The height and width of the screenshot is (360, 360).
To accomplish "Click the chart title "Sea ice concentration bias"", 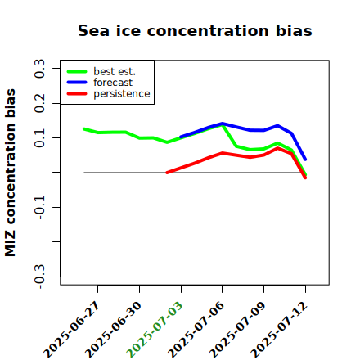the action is click(195, 30).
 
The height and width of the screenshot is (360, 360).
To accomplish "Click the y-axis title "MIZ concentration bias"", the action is click(10, 173).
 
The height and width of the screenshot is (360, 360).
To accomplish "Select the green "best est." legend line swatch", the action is click(77, 72).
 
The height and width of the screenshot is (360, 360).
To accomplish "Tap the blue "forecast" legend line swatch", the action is click(77, 83).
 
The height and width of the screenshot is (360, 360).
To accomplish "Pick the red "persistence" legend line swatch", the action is click(77, 94).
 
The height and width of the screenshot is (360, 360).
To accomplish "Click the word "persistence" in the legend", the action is click(122, 94).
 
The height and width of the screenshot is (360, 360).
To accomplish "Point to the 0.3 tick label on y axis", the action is click(39, 69).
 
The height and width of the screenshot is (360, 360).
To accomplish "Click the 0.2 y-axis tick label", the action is click(39, 103).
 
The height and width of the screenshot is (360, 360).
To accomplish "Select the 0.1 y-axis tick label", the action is click(39, 138).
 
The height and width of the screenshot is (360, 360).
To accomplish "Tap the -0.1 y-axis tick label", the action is click(39, 207).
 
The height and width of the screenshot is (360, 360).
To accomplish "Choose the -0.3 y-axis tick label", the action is click(39, 277).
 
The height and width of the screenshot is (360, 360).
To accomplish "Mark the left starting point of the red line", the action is click(167, 173).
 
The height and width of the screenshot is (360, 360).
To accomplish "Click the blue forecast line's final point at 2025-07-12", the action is click(305, 160).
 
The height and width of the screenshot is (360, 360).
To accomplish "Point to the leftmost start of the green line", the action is click(84, 128).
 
